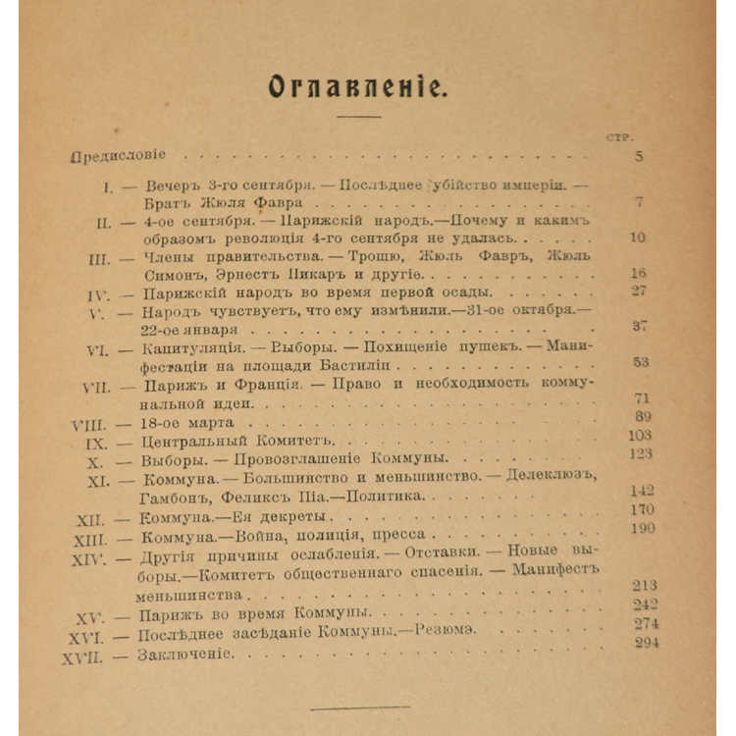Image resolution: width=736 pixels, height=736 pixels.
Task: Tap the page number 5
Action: (x=638, y=156)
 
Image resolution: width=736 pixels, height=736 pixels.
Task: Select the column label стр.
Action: (x=620, y=136)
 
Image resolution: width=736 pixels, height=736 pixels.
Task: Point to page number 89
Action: (x=645, y=417)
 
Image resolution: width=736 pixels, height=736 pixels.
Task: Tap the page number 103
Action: (x=640, y=435)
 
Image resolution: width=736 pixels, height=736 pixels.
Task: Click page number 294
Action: (x=647, y=642)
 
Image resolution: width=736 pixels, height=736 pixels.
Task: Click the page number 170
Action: (x=643, y=509)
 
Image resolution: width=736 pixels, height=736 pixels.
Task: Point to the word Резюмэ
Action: (x=447, y=633)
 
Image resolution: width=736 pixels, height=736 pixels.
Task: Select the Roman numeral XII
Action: (x=89, y=518)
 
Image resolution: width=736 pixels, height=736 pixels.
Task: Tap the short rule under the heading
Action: (x=358, y=118)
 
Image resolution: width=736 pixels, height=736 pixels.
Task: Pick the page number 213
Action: (x=645, y=585)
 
